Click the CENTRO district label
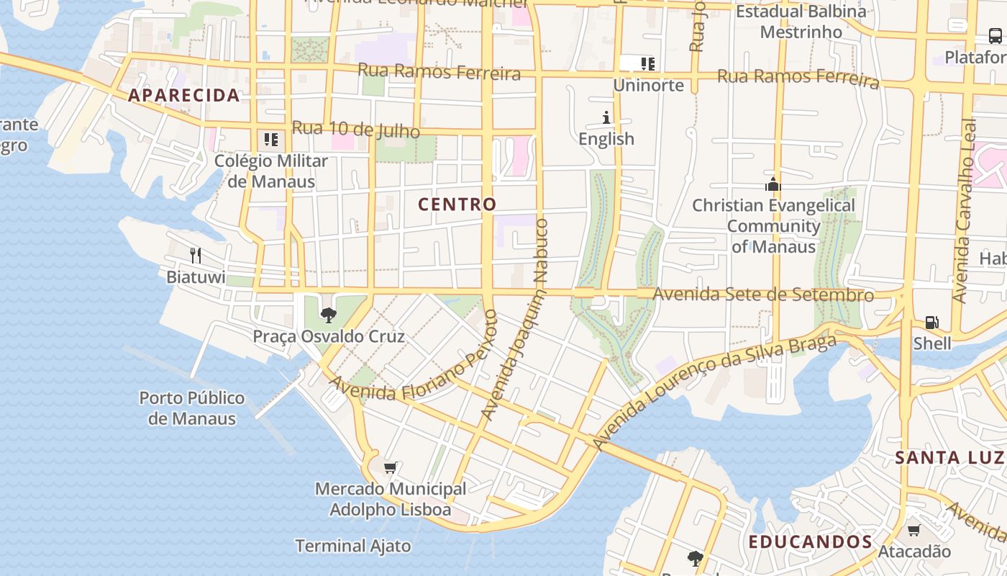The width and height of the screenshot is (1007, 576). tap(457, 204)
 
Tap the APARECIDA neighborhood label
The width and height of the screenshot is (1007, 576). tap(183, 95)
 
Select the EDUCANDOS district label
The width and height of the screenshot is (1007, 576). tap(811, 542)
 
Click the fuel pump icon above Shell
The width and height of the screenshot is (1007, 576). tap(931, 323)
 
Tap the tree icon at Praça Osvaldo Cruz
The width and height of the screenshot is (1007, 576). tap(328, 315)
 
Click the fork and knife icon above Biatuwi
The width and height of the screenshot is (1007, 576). tap(195, 255)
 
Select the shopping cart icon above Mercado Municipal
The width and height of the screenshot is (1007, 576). tap(390, 468)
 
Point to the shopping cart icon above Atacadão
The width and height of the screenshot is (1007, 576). tap(913, 531)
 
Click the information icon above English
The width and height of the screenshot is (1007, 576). tap(606, 117)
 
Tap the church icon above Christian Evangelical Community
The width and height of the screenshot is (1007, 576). tap(773, 184)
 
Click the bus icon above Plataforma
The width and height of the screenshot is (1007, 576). tap(995, 35)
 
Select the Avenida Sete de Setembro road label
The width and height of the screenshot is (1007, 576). tap(763, 294)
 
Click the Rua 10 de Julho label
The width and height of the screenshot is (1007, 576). tap(355, 129)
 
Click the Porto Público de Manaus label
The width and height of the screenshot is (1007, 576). tap(191, 408)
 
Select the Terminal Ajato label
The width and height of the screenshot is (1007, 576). tap(352, 546)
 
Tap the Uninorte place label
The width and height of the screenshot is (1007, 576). tap(648, 85)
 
